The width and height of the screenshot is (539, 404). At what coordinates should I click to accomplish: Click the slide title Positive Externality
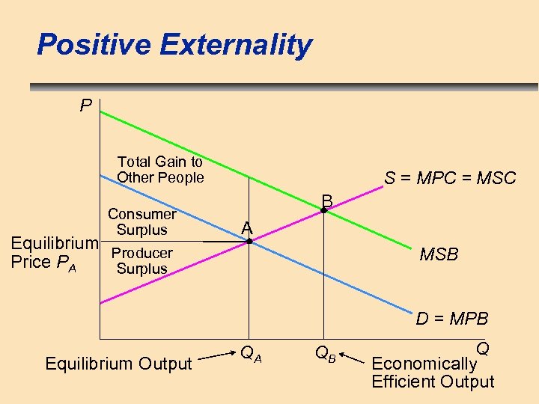click(174, 45)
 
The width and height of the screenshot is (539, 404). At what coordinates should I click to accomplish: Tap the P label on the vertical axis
click(86, 106)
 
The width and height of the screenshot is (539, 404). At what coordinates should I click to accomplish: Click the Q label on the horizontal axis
click(483, 349)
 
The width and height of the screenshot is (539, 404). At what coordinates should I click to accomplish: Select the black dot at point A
click(250, 242)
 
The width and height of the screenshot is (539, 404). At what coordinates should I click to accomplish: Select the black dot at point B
click(323, 211)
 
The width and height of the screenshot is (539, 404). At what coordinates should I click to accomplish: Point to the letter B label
click(327, 201)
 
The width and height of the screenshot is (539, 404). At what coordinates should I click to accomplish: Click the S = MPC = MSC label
click(450, 178)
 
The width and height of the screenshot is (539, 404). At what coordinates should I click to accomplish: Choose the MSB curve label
click(439, 255)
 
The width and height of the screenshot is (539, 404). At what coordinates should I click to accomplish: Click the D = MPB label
click(452, 319)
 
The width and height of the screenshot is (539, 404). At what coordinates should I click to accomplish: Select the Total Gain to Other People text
click(160, 170)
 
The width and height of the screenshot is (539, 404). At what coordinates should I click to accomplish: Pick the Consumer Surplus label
click(141, 222)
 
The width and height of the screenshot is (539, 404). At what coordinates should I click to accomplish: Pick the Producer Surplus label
click(141, 261)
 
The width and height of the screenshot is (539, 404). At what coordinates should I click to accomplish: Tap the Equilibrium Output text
click(119, 364)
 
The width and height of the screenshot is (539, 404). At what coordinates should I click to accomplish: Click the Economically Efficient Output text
click(432, 373)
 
